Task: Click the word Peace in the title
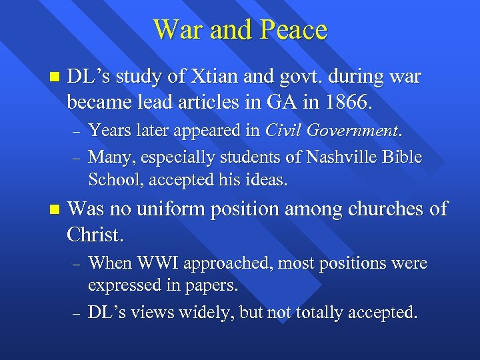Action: point(293,30)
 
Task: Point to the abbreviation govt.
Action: point(298,77)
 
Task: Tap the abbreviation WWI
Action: point(157,263)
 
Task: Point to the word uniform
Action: point(171,209)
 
